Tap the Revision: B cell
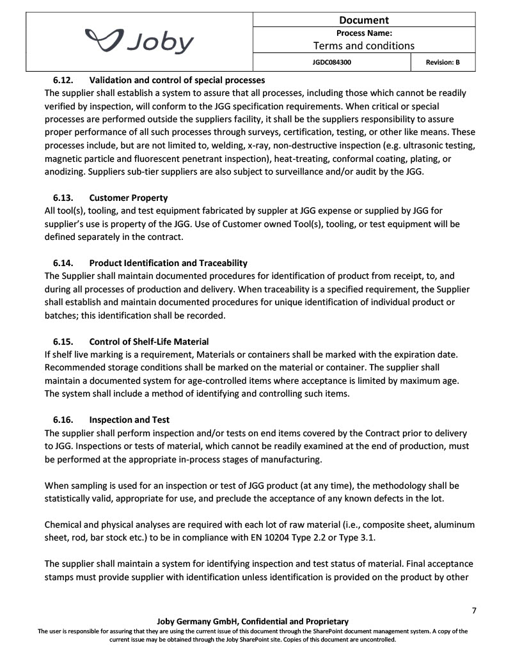tap(442, 63)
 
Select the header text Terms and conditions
tap(363, 45)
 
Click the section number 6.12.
tap(63, 81)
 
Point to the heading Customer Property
tap(129, 198)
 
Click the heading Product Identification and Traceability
tap(168, 263)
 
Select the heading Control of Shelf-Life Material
tap(149, 342)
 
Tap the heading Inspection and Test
tap(129, 420)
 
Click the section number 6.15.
tap(63, 342)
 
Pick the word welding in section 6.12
tap(203, 145)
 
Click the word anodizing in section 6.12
tap(67, 171)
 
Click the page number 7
tap(474, 610)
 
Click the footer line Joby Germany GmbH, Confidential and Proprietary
tap(253, 621)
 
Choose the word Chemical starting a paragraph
tap(65, 524)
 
